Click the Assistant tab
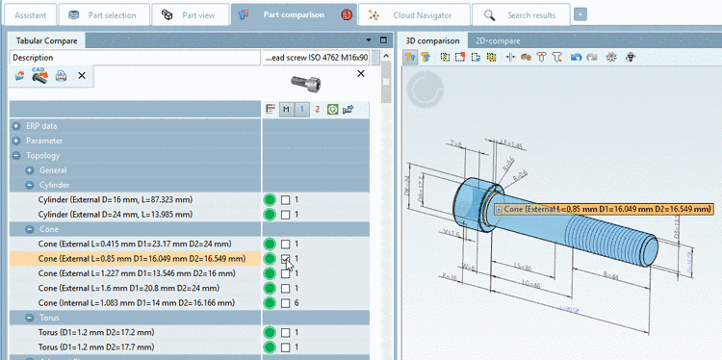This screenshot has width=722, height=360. click(29, 15)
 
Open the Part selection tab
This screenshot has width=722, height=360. click(106, 15)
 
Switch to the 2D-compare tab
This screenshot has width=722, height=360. click(498, 40)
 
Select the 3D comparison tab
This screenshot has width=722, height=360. click(432, 40)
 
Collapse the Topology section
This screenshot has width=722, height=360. click(16, 155)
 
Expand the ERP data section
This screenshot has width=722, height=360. click(16, 126)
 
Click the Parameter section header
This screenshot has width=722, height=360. click(44, 141)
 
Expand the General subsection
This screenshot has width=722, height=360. click(30, 169)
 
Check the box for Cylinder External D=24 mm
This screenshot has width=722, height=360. click(286, 214)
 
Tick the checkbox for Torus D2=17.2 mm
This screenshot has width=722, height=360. click(286, 332)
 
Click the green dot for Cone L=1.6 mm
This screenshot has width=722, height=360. click(270, 288)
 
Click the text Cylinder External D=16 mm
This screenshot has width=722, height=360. click(115, 199)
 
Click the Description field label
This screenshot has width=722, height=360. click(33, 58)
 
